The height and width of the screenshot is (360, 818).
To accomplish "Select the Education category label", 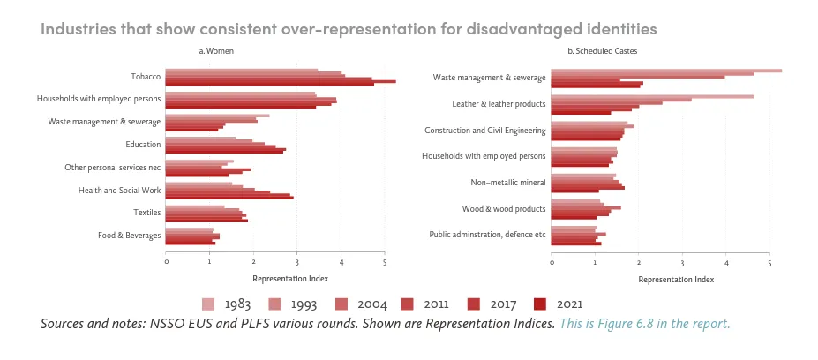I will coord(143,144).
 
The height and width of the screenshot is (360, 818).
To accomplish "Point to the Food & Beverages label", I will coord(130,236).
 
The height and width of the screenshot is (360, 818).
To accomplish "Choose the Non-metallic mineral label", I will coord(509,183).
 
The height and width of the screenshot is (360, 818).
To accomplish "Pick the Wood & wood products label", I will coord(504,209).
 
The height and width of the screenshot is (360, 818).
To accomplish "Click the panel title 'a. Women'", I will coord(216,51).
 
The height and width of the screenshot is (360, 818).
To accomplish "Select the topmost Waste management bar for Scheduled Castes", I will coord(666,70).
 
